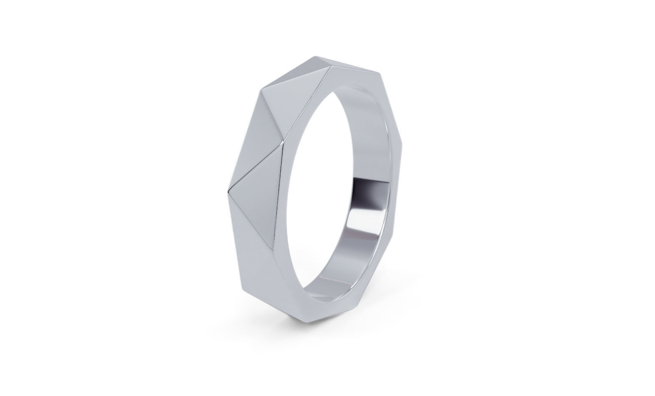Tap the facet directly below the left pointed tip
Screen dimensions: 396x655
[258, 241]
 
